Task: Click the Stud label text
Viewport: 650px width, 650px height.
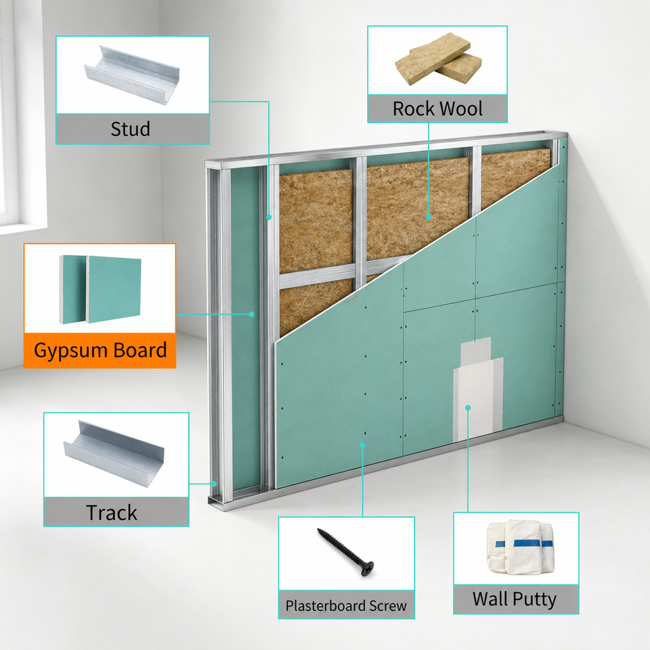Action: [x=130, y=129]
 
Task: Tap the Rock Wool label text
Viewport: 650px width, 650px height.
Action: [x=437, y=108]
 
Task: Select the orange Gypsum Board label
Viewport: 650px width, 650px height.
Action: [x=100, y=350]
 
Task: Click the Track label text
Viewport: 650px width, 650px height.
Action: [x=112, y=513]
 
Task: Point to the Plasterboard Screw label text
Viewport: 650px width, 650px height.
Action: [x=346, y=605]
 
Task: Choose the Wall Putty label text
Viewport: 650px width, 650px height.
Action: [x=515, y=599]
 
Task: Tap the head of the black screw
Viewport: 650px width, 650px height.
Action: [x=367, y=568]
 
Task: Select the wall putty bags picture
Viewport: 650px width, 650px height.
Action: [x=521, y=547]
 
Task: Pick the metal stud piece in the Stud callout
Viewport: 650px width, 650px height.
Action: [x=132, y=74]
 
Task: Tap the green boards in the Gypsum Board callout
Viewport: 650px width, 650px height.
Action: [x=100, y=289]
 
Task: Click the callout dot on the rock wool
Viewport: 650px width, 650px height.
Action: [x=429, y=217]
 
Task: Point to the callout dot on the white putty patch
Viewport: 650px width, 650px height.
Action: [x=468, y=408]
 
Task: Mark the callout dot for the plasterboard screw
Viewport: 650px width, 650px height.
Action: [x=363, y=446]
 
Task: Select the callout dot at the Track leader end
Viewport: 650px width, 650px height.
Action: [x=215, y=483]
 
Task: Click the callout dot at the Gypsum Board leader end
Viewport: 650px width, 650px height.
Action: [x=251, y=314]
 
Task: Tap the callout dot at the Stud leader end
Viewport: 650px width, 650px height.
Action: [x=269, y=217]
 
